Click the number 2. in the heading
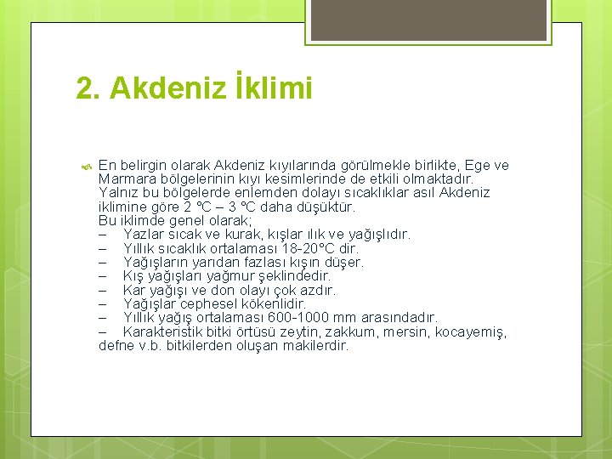[x=88, y=88]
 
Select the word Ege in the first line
[x=476, y=165]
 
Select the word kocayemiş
[x=471, y=331]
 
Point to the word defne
[x=117, y=346]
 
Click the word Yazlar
[x=144, y=234]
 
